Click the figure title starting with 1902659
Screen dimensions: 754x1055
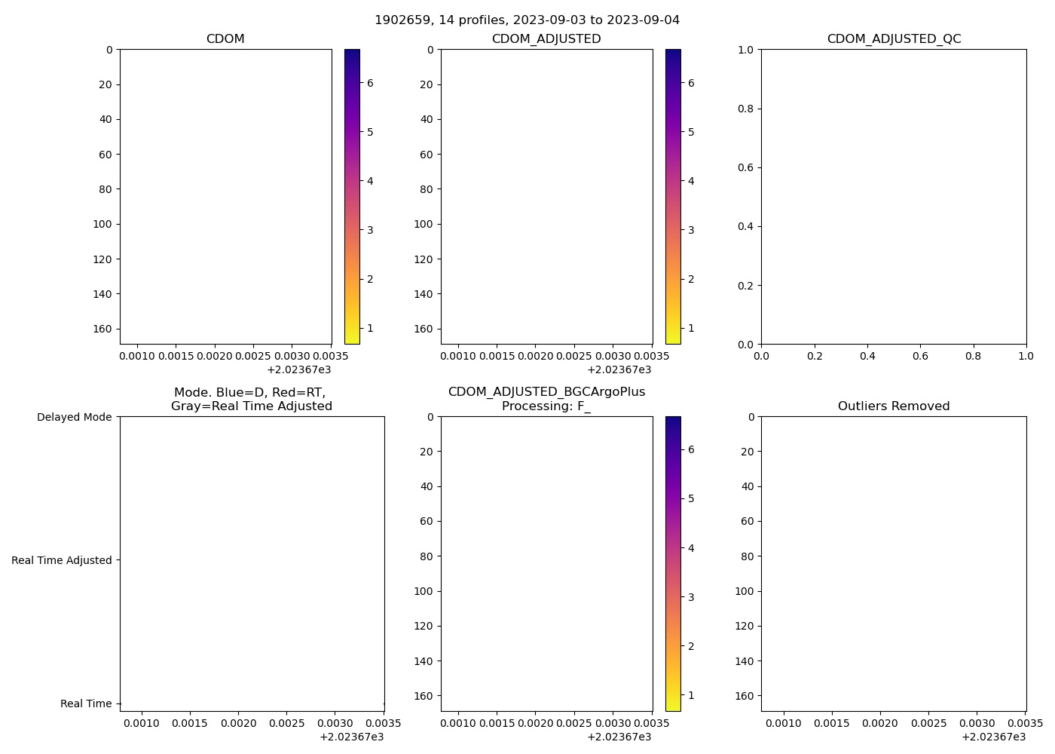tap(527, 20)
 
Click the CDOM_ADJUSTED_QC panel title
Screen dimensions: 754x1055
tap(894, 38)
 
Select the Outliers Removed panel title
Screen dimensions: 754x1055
tap(894, 406)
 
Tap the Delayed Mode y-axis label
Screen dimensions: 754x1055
tap(74, 417)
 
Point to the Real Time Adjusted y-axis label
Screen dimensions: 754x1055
tap(61, 560)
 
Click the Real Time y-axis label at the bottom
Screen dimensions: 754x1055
tap(86, 703)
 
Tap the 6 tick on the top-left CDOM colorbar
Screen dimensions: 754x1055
tap(370, 83)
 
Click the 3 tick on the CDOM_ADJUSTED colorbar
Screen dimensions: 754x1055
tap(691, 230)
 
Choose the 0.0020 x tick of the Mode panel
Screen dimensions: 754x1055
tap(238, 723)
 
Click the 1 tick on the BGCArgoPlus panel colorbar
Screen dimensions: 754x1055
tap(691, 695)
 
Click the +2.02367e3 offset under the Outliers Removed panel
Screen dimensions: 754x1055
tap(993, 737)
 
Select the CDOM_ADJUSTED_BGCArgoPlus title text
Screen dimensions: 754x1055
tap(546, 392)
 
